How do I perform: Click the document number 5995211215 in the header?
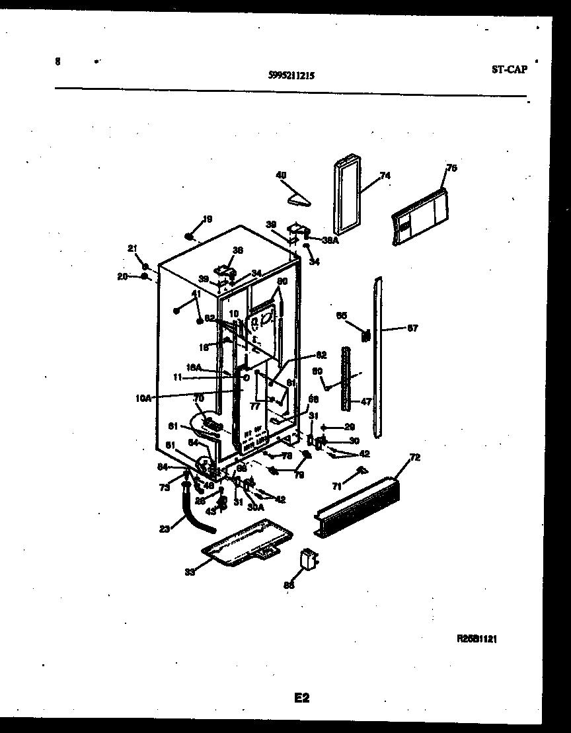(x=291, y=76)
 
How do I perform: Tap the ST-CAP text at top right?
(x=510, y=69)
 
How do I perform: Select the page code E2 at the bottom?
(x=301, y=697)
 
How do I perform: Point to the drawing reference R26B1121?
(x=476, y=639)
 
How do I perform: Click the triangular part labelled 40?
(x=299, y=196)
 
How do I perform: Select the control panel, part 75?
(x=418, y=213)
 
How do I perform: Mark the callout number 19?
(x=207, y=219)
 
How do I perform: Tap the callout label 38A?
(x=331, y=241)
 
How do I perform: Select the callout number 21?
(x=132, y=249)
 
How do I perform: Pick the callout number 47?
(x=365, y=401)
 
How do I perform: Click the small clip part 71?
(x=360, y=470)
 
